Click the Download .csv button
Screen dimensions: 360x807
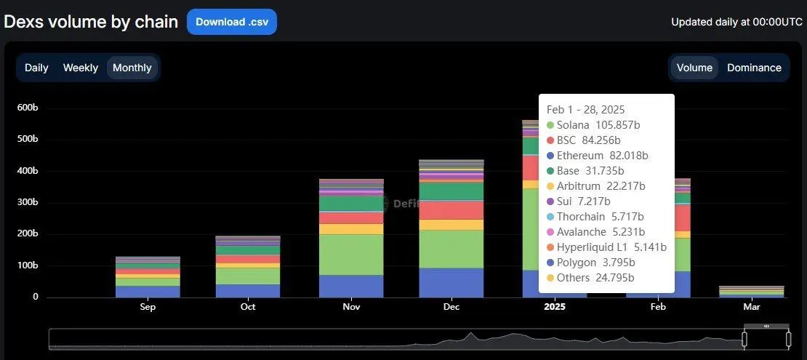pyautogui.click(x=231, y=22)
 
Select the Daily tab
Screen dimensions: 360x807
pyautogui.click(x=36, y=68)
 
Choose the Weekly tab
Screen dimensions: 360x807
pyautogui.click(x=80, y=68)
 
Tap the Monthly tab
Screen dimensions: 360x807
pyautogui.click(x=132, y=68)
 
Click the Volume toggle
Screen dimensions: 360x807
pyautogui.click(x=694, y=68)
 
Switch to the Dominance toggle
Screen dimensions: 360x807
pyautogui.click(x=754, y=68)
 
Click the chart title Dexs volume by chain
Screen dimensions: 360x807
pyautogui.click(x=91, y=22)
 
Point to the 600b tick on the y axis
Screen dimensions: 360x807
pyautogui.click(x=28, y=108)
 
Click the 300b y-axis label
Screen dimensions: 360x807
pyautogui.click(x=28, y=202)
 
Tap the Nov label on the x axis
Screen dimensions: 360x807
pyautogui.click(x=351, y=307)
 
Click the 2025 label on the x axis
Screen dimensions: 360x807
pyautogui.click(x=554, y=307)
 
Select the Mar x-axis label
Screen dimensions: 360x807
pyautogui.click(x=751, y=307)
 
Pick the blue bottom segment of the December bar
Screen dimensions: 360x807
pyautogui.click(x=451, y=282)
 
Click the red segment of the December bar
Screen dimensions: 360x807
pyautogui.click(x=451, y=209)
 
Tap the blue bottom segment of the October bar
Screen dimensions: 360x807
pyautogui.click(x=248, y=290)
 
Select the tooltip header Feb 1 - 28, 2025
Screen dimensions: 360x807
pyautogui.click(x=585, y=110)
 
